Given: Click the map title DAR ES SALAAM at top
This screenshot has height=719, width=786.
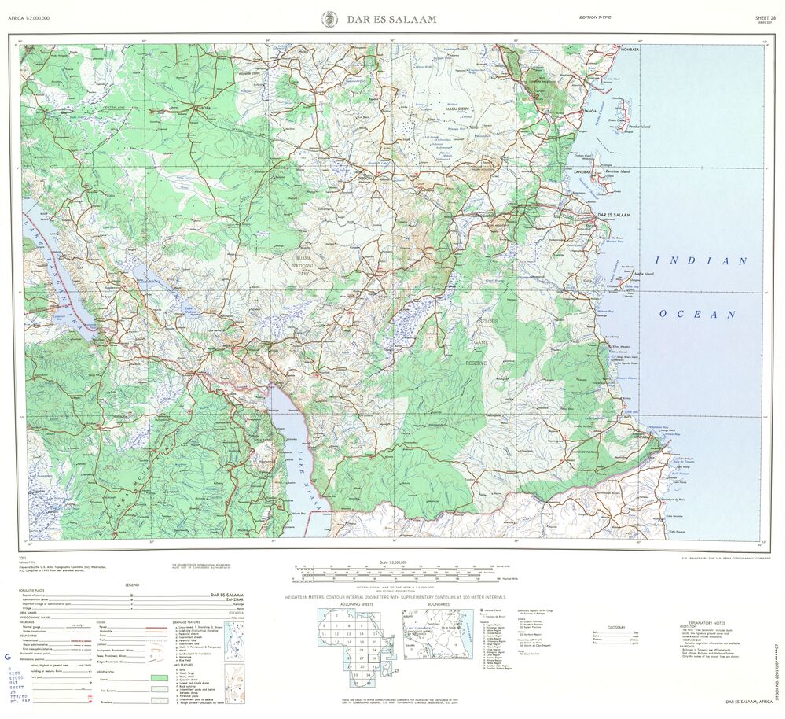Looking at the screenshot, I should (391, 18).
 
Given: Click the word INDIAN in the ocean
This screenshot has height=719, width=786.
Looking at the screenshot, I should (701, 260).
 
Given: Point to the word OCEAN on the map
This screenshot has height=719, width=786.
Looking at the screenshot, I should (698, 314).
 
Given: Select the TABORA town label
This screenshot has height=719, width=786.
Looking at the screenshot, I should (205, 106).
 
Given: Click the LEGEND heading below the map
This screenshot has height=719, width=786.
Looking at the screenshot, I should (132, 584).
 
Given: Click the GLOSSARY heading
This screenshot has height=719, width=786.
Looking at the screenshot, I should (615, 627).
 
